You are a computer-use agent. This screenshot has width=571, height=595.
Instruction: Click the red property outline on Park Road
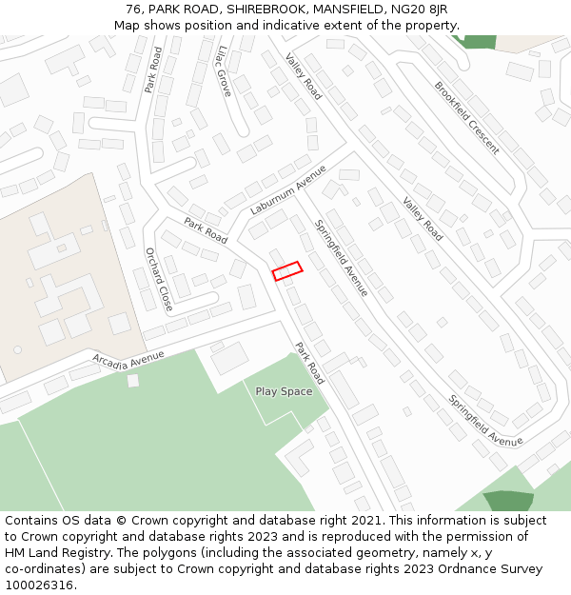pyautogui.click(x=287, y=271)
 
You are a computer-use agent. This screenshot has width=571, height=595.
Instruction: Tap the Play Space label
pyautogui.click(x=284, y=391)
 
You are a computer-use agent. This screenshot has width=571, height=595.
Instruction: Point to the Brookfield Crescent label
pyautogui.click(x=466, y=117)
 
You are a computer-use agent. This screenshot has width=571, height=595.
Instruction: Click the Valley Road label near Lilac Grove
pyautogui.click(x=304, y=77)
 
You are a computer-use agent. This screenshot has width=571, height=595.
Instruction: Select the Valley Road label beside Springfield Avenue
pyautogui.click(x=423, y=218)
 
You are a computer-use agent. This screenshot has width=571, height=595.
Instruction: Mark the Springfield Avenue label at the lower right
pyautogui.click(x=485, y=420)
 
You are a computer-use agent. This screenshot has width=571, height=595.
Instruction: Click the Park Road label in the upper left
pyautogui.click(x=153, y=69)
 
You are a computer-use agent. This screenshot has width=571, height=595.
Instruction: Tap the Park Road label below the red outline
pyautogui.click(x=309, y=363)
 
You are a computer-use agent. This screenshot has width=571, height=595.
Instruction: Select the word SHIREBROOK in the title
pyautogui.click(x=257, y=10)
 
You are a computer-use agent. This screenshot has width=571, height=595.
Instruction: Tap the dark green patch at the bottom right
pyautogui.click(x=507, y=502)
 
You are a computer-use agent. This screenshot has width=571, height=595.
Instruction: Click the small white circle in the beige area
pyautogui.click(x=17, y=349)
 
